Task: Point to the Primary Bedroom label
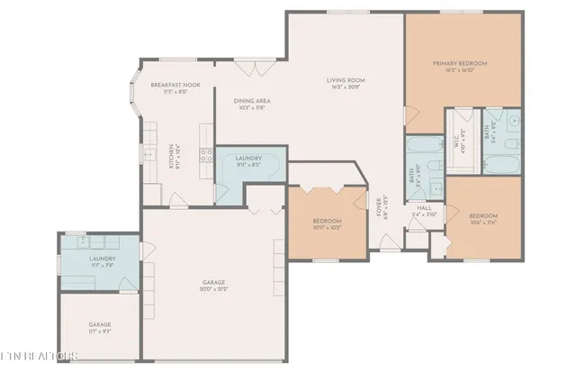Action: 459,63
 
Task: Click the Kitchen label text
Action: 173,156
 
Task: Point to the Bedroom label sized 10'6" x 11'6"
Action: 482,216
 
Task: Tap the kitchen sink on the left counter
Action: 149,155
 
